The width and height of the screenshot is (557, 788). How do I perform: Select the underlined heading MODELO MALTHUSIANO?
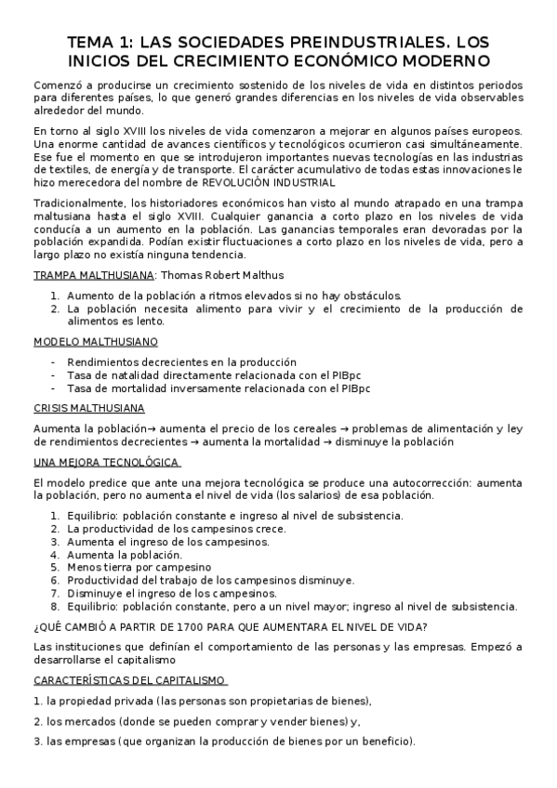[x=95, y=341]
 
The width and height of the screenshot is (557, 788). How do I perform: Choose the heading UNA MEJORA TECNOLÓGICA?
[x=106, y=462]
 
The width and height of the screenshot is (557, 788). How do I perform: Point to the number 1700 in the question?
[x=155, y=625]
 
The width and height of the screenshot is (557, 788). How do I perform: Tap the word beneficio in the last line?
[x=384, y=742]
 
